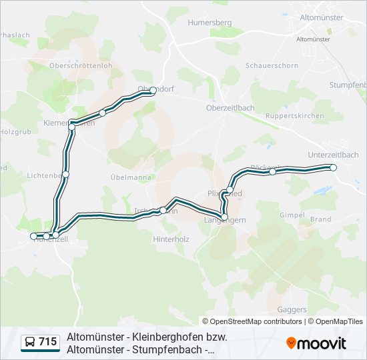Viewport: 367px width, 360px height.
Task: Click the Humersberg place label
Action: click(210, 22)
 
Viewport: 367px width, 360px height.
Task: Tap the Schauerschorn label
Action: click(272, 65)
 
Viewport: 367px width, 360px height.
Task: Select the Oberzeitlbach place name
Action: click(230, 107)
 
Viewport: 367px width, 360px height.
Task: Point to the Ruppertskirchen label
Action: click(294, 116)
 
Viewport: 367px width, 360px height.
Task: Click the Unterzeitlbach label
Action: click(333, 155)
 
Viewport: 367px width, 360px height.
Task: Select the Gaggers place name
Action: click(291, 309)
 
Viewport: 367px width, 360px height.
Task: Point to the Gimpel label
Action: click(292, 215)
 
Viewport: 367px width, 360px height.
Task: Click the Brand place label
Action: click(321, 219)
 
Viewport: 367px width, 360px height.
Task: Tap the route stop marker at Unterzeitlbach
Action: click(334, 168)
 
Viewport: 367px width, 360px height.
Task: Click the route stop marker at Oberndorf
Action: click(153, 90)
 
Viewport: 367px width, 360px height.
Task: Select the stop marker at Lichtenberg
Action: click(65, 175)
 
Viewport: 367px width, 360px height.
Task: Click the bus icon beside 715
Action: click(30, 342)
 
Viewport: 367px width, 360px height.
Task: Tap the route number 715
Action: click(47, 342)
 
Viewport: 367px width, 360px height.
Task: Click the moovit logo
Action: click(316, 343)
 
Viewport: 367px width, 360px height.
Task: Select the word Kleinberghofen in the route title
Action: click(163, 337)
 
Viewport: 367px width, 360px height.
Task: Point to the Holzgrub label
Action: click(15, 132)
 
